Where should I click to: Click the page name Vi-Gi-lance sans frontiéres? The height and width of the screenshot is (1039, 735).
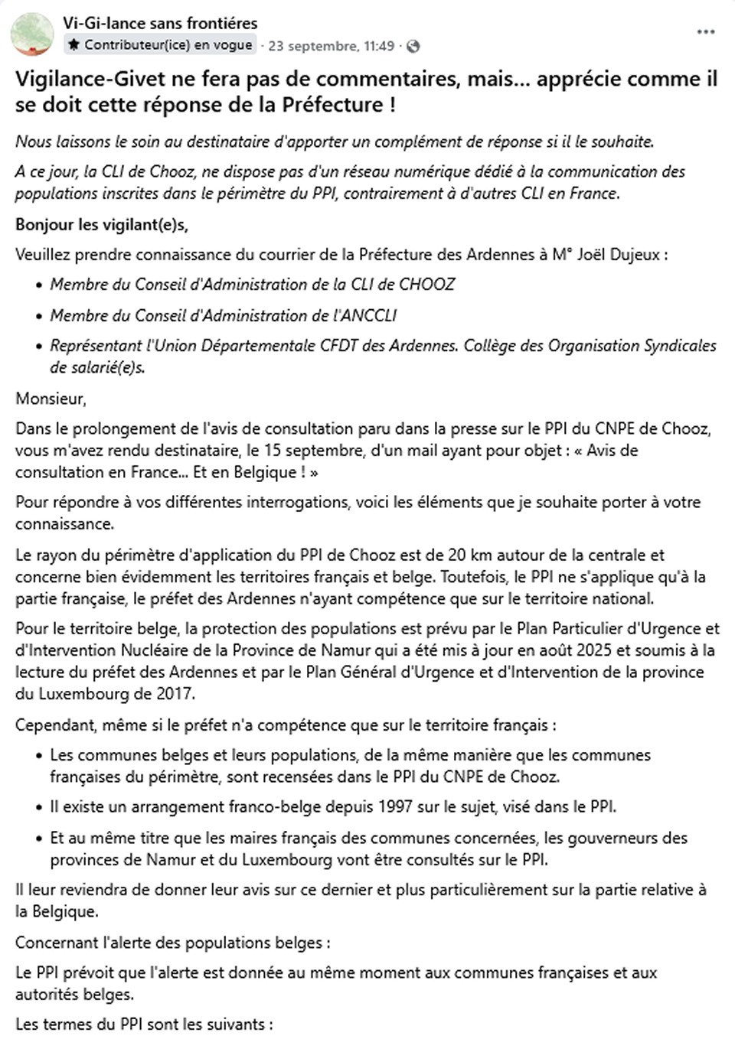(x=160, y=23)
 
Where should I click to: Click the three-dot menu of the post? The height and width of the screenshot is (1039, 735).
(x=706, y=32)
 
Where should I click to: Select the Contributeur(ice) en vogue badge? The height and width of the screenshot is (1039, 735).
(x=160, y=45)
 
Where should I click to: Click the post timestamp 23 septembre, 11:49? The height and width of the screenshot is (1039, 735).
(x=331, y=46)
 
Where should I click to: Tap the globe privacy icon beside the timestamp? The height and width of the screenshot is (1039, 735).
(x=413, y=46)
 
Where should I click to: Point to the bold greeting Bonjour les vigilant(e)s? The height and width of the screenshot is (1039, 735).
(x=101, y=225)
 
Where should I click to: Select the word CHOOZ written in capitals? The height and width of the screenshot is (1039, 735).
(x=426, y=285)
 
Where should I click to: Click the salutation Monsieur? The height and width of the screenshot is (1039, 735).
(x=51, y=399)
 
